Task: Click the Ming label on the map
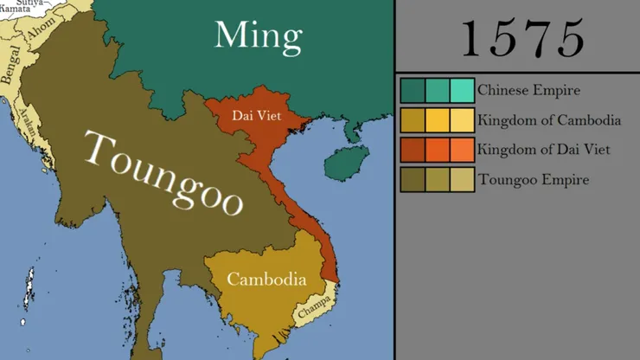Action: (258, 36)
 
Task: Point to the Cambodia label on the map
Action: (266, 280)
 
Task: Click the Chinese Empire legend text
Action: (528, 90)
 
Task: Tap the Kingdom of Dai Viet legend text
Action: (544, 150)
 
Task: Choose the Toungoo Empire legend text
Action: (533, 180)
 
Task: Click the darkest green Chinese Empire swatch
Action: (413, 90)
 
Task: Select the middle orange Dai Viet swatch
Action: (438, 150)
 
